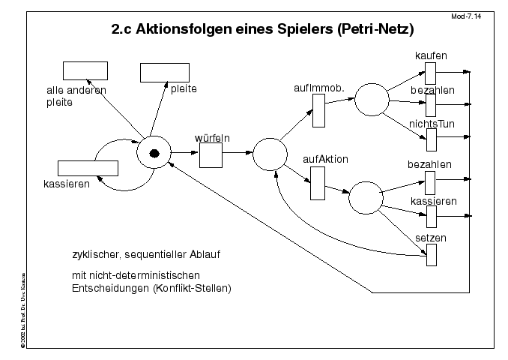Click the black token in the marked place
coord(154,154)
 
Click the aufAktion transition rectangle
coord(317,183)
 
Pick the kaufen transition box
coord(431,73)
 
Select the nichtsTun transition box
coord(431,139)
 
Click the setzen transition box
coord(431,255)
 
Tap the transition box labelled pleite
coord(164,72)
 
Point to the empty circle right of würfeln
coord(270,154)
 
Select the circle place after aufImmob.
coord(371,100)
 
